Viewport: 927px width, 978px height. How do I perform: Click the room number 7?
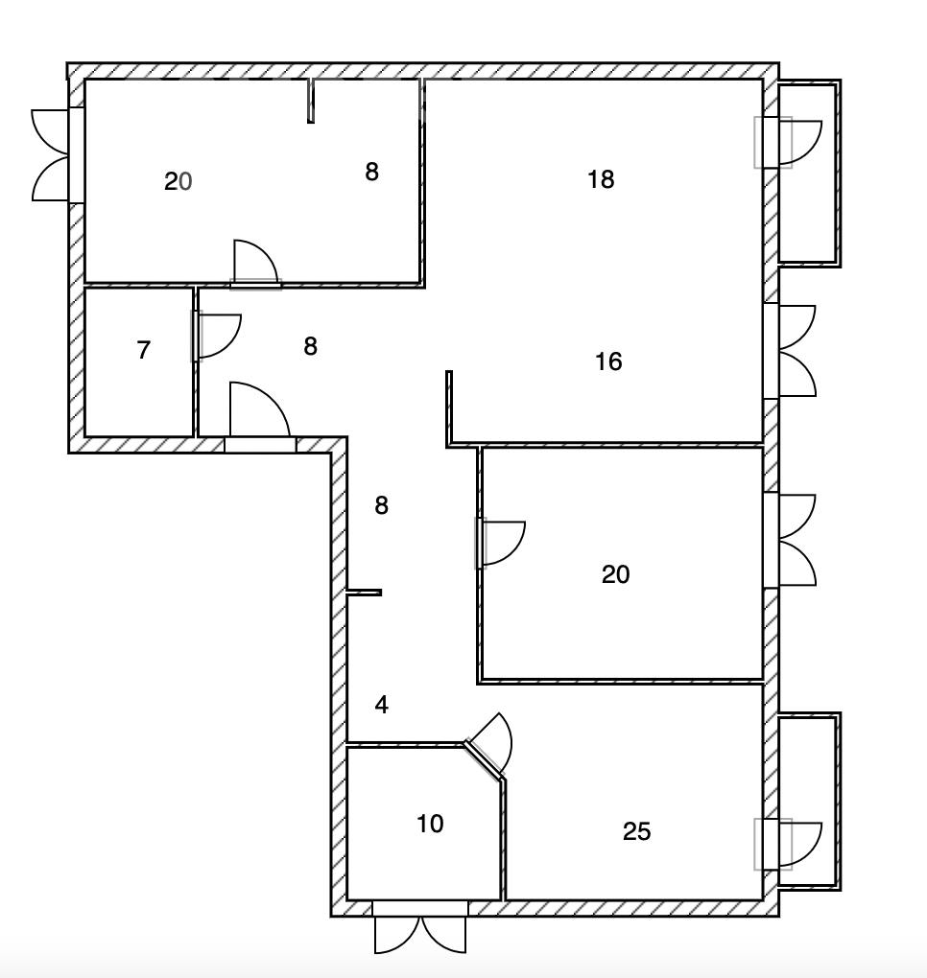click(144, 350)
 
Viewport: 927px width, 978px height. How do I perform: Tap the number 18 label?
click(601, 179)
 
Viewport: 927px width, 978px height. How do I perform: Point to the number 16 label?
click(608, 361)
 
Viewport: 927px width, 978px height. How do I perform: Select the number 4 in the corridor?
click(381, 705)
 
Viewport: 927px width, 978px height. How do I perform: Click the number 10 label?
click(430, 824)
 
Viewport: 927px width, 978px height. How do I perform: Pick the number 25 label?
click(637, 831)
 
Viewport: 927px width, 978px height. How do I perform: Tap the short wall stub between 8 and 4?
click(364, 593)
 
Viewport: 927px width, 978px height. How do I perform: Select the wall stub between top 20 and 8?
click(311, 101)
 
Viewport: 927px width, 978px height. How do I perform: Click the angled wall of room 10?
click(485, 760)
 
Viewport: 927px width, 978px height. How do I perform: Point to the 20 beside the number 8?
click(178, 182)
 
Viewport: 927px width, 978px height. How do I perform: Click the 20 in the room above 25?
click(615, 574)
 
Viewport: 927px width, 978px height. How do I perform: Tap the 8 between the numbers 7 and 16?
click(310, 346)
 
